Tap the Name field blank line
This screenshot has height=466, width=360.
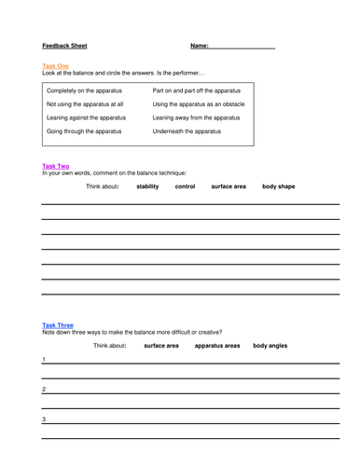242,47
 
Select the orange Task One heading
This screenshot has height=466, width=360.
56,67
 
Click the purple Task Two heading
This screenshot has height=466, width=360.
56,166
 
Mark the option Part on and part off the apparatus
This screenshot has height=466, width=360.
197,91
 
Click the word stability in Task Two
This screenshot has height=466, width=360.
147,186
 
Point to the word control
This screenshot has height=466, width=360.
186,186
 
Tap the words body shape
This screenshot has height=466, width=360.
279,186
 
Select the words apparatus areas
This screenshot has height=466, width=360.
217,346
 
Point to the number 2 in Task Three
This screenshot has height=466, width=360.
44,389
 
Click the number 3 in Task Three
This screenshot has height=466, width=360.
44,418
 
